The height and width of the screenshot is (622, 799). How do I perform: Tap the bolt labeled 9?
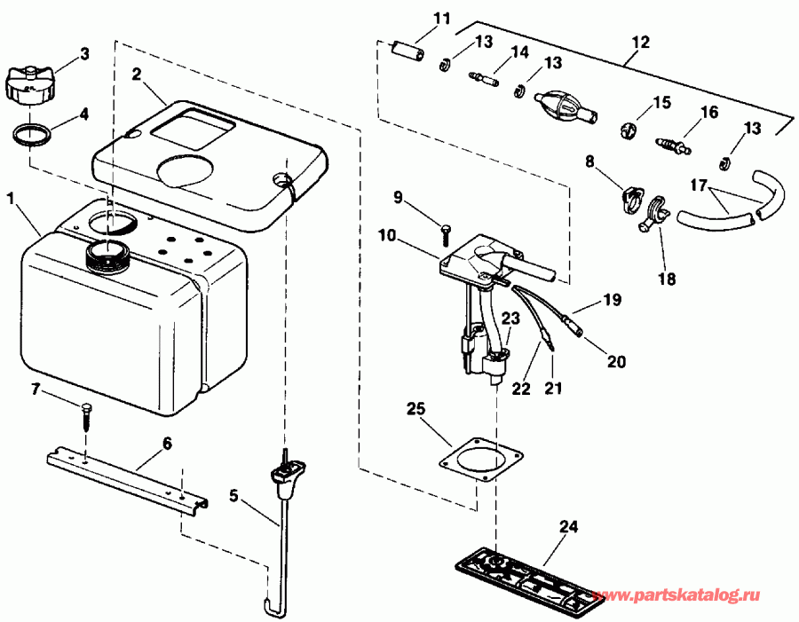[x=446, y=232]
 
